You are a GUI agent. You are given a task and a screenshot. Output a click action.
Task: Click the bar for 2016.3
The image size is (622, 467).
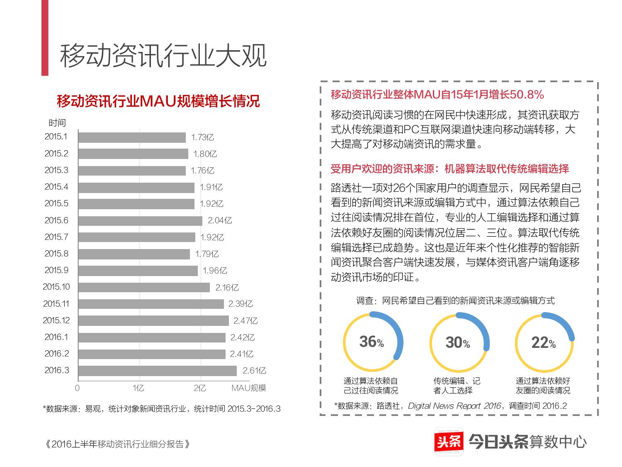158,371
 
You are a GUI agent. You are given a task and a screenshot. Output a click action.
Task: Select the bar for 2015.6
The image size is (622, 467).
140,220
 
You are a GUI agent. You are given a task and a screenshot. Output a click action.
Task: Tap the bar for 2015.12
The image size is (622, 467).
153,320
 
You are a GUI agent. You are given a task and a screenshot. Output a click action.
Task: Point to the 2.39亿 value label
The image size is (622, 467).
241,304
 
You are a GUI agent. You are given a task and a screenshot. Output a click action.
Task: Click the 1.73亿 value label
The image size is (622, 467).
202,137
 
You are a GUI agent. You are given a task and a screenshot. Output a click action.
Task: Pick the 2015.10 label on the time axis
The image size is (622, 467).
56,287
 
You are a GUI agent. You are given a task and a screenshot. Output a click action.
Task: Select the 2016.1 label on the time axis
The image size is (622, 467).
56,337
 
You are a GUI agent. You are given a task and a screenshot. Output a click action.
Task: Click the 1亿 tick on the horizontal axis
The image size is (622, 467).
138,388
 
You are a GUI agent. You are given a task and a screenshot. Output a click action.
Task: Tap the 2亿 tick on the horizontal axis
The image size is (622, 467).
200,388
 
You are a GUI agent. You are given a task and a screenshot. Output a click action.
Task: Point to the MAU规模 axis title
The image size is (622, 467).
249,388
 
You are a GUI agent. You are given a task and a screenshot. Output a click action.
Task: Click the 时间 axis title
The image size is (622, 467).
57,123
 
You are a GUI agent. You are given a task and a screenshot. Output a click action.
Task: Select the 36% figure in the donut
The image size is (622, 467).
372,342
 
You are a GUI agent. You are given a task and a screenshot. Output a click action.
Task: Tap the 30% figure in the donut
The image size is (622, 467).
458,342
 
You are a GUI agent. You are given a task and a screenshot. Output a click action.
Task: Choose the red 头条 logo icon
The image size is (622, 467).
449,441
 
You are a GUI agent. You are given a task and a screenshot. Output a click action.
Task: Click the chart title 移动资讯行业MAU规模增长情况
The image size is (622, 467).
158,101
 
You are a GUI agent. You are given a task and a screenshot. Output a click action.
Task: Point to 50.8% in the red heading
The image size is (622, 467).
527,95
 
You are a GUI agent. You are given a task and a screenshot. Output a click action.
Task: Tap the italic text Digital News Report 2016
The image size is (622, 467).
454,406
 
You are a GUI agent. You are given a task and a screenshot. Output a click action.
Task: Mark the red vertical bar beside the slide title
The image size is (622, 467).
45,37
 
